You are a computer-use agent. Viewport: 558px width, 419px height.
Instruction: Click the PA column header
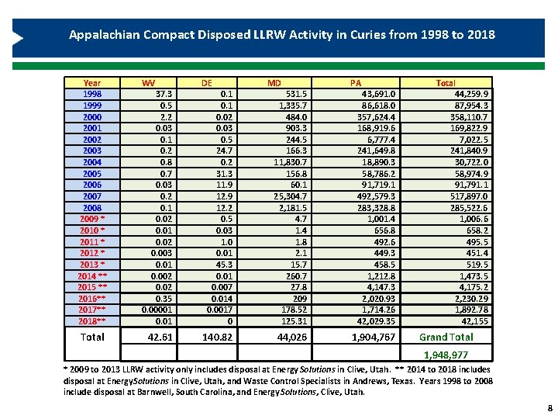coord(355,82)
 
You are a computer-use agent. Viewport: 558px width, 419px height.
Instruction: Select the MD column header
coord(274,82)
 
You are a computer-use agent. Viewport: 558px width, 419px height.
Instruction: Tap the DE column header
coord(207,82)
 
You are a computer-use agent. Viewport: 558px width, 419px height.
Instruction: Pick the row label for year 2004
coord(92,162)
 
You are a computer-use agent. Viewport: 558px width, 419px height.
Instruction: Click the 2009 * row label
coord(92,219)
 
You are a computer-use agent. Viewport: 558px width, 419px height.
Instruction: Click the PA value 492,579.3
coord(374,196)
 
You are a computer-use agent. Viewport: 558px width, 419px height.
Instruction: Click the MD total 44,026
coord(289,337)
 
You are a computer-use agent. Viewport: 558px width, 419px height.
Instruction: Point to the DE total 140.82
coord(216,337)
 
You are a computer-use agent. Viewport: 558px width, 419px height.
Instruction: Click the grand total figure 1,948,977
coord(467,355)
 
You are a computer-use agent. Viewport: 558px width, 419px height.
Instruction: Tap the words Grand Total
coord(446,337)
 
